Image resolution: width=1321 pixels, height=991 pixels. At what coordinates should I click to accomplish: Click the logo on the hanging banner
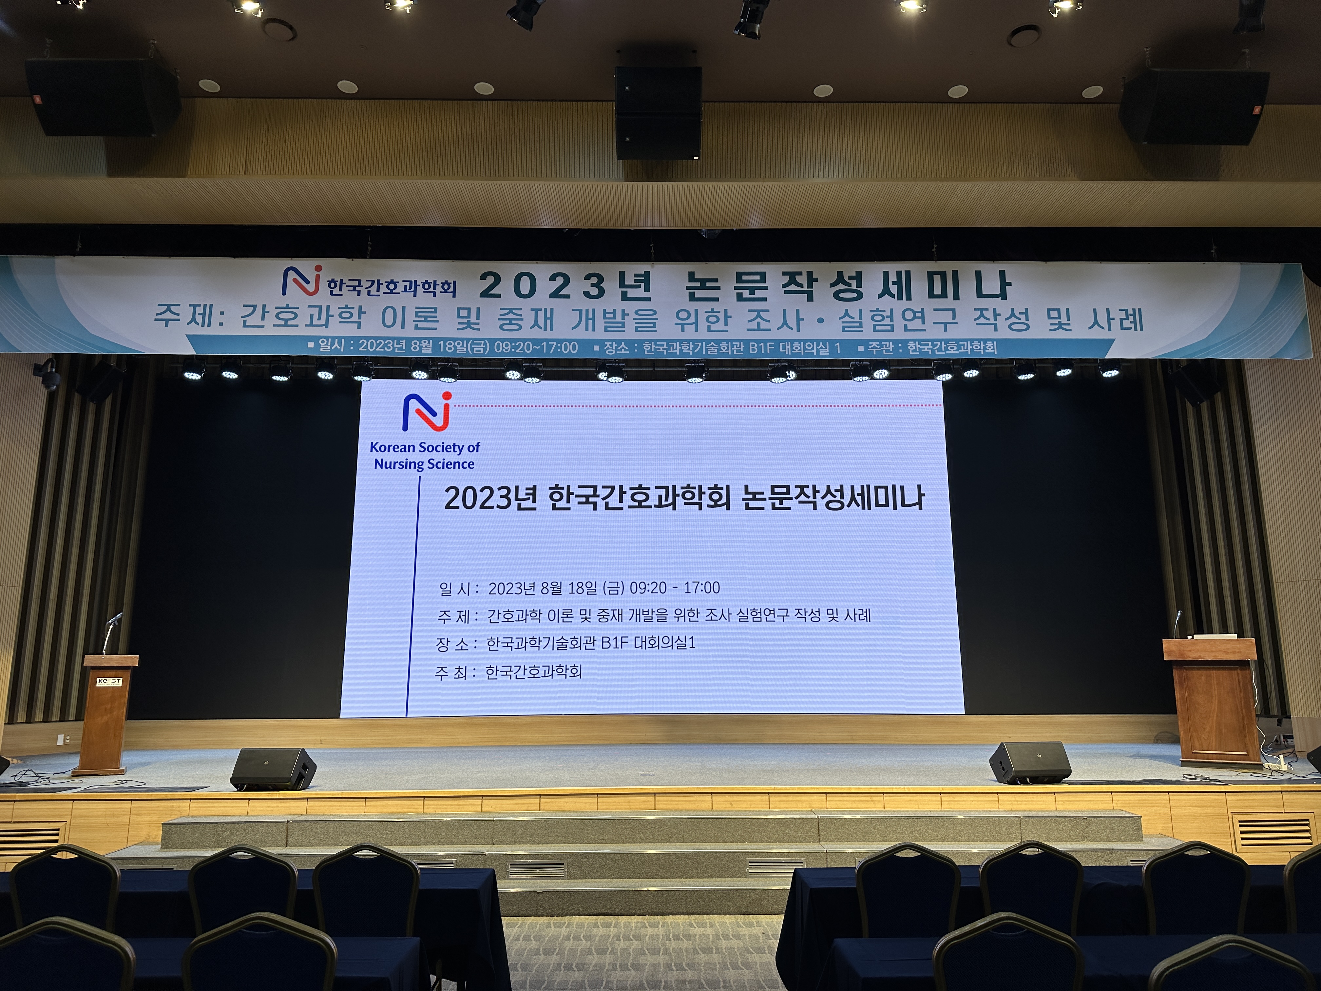[302, 282]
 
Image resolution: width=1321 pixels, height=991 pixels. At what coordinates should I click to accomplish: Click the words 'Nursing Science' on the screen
[424, 464]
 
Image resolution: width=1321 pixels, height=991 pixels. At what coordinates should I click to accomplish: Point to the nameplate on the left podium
[109, 682]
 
